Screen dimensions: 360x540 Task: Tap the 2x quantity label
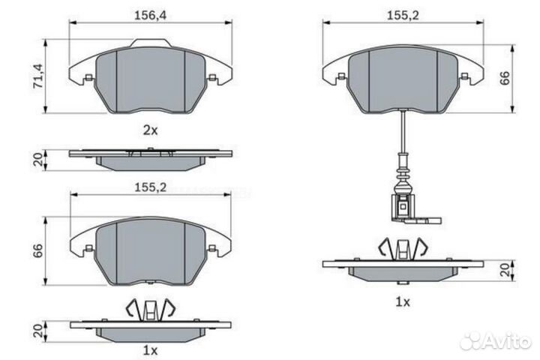click(x=151, y=130)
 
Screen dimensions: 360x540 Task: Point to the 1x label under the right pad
click(x=403, y=301)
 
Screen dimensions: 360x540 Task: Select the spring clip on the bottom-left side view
click(x=151, y=308)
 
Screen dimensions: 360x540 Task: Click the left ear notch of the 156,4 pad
click(x=88, y=77)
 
